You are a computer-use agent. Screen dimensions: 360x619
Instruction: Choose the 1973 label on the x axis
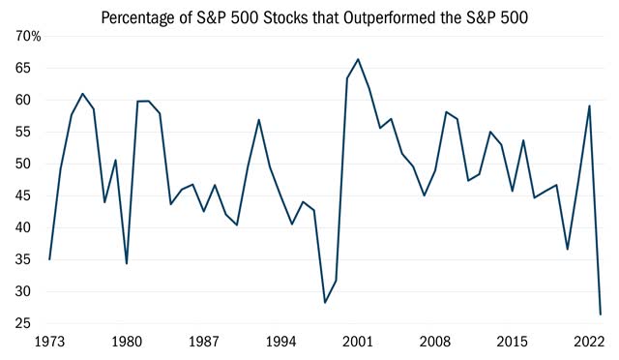(48, 342)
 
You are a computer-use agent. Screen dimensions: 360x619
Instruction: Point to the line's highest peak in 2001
(358, 59)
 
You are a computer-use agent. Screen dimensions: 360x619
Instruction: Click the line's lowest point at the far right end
(601, 314)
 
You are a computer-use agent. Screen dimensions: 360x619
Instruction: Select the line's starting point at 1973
(49, 259)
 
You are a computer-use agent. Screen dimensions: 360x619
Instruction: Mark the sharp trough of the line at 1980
(127, 263)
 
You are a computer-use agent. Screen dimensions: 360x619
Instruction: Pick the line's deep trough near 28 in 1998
(325, 303)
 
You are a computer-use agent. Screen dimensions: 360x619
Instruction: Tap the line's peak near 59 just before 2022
(589, 105)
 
